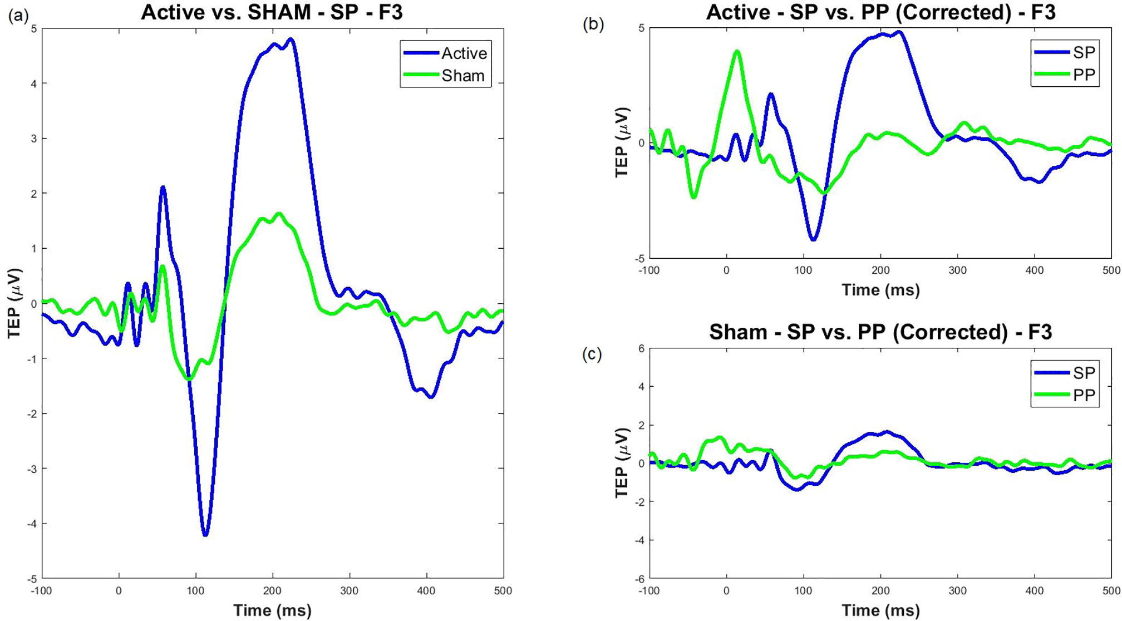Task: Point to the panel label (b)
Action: pos(593,25)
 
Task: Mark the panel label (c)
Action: pos(592,354)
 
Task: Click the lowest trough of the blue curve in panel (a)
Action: pos(205,534)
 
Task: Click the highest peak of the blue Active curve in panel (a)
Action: pos(291,40)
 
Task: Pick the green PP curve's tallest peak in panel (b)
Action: pos(737,52)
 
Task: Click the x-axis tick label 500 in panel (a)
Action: pos(503,591)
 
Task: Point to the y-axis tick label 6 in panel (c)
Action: pos(641,348)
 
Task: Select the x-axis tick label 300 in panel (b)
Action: pos(957,271)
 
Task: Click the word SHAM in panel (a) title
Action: pos(278,12)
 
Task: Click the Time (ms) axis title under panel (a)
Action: pos(272,610)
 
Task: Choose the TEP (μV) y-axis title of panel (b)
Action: pos(622,142)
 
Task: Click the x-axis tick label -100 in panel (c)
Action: pos(648,591)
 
